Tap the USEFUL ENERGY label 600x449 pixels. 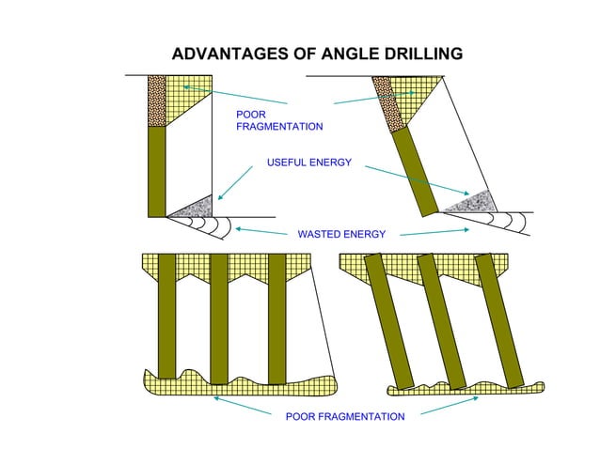pyautogui.click(x=309, y=163)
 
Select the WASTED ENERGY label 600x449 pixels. pyautogui.click(x=341, y=233)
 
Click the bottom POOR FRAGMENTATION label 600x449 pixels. pyautogui.click(x=345, y=416)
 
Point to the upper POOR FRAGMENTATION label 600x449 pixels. pyautogui.click(x=279, y=119)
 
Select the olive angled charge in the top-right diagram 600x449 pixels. pyautogui.click(x=414, y=170)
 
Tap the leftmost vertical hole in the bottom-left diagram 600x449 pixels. pyautogui.click(x=166, y=315)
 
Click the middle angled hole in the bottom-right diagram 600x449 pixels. pyautogui.click(x=440, y=320)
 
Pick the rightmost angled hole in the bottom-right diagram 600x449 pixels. pyautogui.click(x=498, y=318)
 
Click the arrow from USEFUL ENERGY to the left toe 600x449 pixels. pyautogui.click(x=235, y=183)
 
